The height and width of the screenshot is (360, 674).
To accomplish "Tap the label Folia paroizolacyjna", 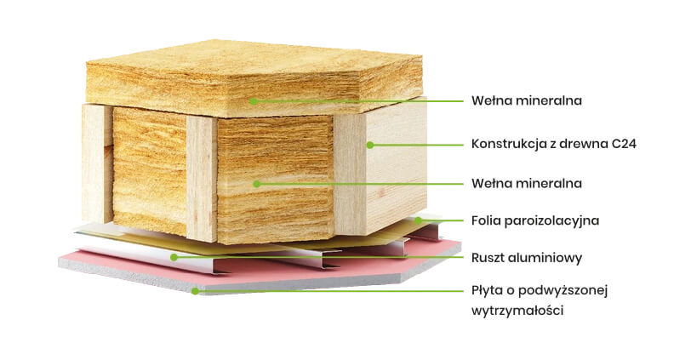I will tap(535, 220).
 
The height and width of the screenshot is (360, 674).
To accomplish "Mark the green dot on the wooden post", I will tap(370, 145).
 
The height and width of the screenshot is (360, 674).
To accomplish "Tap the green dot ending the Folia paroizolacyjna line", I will tap(418, 220).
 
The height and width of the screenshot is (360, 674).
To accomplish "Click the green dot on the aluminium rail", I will tap(173, 256).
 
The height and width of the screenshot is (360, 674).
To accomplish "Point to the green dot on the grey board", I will tap(195, 291).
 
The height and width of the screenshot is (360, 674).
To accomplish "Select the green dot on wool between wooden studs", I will tap(254, 183).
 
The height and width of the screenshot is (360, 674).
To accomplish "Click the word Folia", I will tap(487, 220).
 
